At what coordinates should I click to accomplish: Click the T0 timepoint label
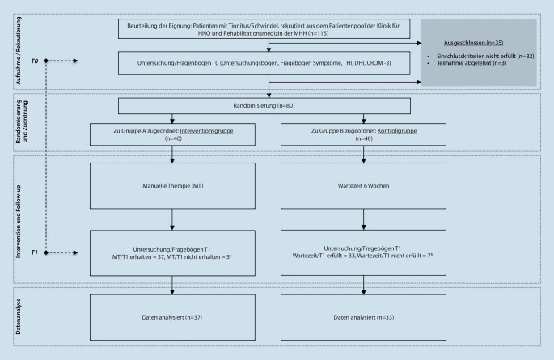35,61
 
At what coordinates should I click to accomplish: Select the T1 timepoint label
35,253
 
